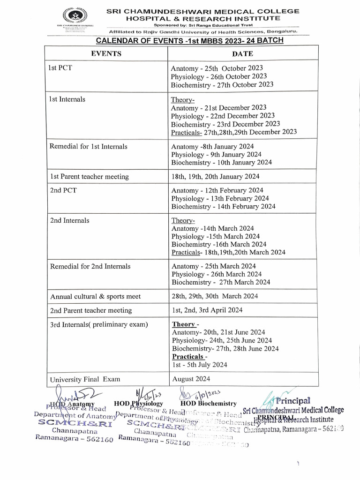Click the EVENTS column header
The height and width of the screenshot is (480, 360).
(x=106, y=53)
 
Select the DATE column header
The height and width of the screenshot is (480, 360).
(x=242, y=54)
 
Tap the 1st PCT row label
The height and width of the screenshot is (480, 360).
(x=60, y=68)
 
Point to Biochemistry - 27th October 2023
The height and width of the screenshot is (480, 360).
(x=222, y=85)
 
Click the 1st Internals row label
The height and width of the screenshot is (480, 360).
(x=67, y=99)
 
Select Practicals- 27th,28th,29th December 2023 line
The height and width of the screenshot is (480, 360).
(x=233, y=132)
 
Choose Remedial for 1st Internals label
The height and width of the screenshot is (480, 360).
(x=88, y=146)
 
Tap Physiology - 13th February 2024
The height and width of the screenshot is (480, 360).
(x=220, y=198)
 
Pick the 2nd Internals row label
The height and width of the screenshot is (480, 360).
(x=69, y=220)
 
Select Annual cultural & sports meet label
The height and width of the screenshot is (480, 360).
(x=95, y=296)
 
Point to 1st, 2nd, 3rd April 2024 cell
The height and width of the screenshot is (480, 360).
(x=207, y=310)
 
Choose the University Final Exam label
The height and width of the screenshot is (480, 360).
(x=85, y=379)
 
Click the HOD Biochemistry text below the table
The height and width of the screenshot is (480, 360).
(x=208, y=404)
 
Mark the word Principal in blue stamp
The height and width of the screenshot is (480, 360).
(x=293, y=401)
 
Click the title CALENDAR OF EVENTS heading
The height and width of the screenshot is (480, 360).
(x=189, y=40)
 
